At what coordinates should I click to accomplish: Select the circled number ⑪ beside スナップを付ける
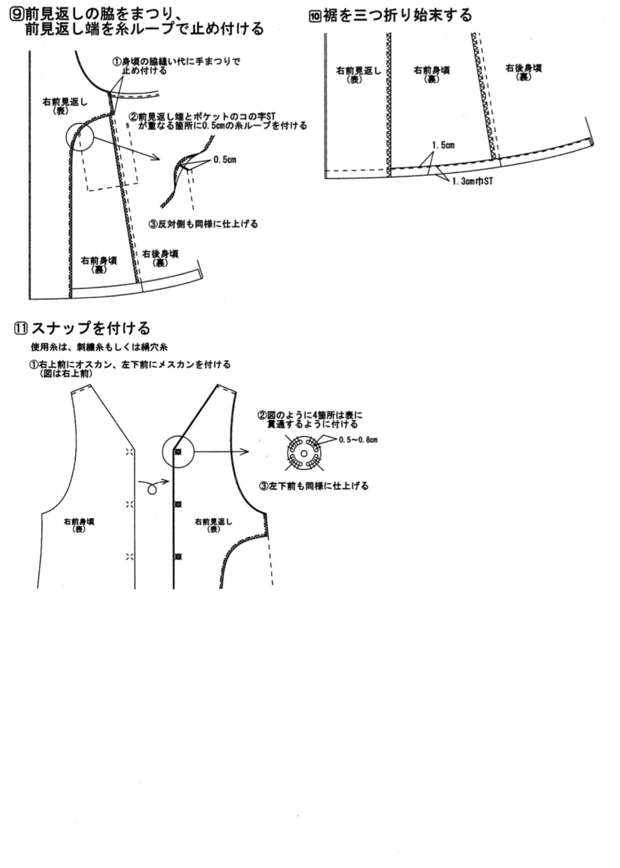21,328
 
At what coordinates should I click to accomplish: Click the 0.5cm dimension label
225,160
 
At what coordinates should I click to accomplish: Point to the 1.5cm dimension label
443,146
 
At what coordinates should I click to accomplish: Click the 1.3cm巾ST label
472,181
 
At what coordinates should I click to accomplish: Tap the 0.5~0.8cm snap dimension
358,440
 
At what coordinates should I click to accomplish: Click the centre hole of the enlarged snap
304,454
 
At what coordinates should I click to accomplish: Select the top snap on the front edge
177,452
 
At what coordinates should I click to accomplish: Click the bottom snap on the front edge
177,557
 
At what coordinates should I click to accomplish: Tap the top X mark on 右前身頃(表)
130,451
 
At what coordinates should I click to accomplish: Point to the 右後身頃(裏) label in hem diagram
524,72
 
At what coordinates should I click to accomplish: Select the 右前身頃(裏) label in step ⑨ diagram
99,265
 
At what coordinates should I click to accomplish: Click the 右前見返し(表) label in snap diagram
213,526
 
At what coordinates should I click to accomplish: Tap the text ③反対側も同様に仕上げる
203,224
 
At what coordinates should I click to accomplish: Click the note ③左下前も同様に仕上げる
314,486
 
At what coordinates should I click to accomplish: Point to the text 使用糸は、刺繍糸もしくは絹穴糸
99,347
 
